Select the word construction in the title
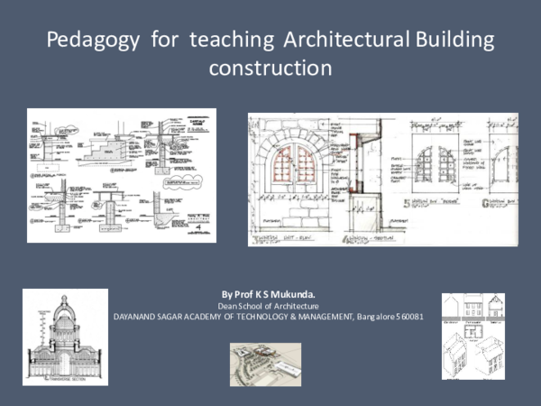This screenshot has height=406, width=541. tap(270, 68)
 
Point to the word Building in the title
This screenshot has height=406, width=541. tap(453, 41)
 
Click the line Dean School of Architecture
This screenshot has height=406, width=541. tap(270, 306)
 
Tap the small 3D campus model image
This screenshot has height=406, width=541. tap(264, 358)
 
